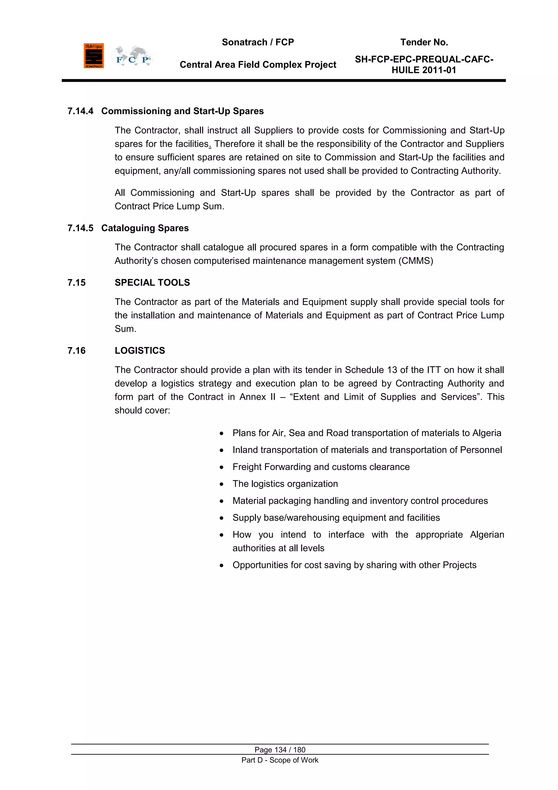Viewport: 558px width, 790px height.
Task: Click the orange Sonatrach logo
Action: tap(93, 56)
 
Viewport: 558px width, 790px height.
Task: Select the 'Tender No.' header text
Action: tap(424, 42)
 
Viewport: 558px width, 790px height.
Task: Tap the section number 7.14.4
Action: tap(80, 111)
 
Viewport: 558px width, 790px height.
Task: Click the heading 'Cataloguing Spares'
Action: tap(145, 228)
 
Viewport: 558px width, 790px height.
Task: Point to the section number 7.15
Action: tap(76, 282)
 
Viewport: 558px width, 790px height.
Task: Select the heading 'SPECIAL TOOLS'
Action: tap(152, 282)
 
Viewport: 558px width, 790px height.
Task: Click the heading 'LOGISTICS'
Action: tap(140, 351)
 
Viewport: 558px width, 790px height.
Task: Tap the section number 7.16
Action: tap(76, 351)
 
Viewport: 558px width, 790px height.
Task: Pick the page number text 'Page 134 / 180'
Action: tap(280, 750)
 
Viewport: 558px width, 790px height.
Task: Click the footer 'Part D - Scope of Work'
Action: tap(280, 760)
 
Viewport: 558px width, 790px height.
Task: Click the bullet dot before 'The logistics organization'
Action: tap(222, 484)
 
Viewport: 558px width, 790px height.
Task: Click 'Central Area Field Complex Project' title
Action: tap(258, 65)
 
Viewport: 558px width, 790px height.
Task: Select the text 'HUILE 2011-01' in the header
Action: tap(424, 70)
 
